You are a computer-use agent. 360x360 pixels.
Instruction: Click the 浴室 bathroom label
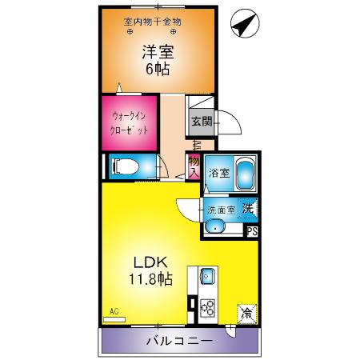click(219, 173)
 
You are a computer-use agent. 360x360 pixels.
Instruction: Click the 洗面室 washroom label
click(221, 210)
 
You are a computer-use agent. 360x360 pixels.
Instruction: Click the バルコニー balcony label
click(178, 342)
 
